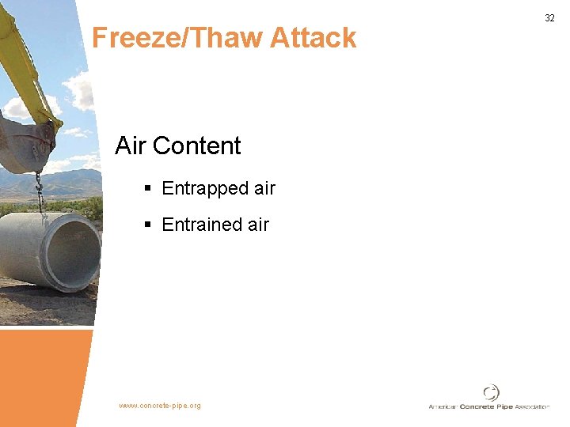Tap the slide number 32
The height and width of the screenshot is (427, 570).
tap(549, 17)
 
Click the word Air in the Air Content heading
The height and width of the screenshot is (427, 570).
tap(131, 145)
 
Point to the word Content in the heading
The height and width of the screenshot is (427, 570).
tap(197, 145)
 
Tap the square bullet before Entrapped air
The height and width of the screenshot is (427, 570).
tap(148, 188)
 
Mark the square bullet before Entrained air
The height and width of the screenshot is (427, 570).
tap(148, 225)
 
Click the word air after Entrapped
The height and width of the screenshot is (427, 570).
tap(264, 188)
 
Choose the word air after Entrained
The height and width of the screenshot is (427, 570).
tap(258, 225)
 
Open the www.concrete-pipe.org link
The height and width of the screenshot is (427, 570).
tap(160, 406)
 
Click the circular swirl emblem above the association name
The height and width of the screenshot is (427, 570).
tap(491, 392)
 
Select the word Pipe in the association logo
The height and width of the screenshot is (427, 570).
tap(505, 406)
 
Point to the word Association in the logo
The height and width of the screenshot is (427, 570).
tap(533, 406)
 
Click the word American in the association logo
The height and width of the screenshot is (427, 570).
tap(443, 406)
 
